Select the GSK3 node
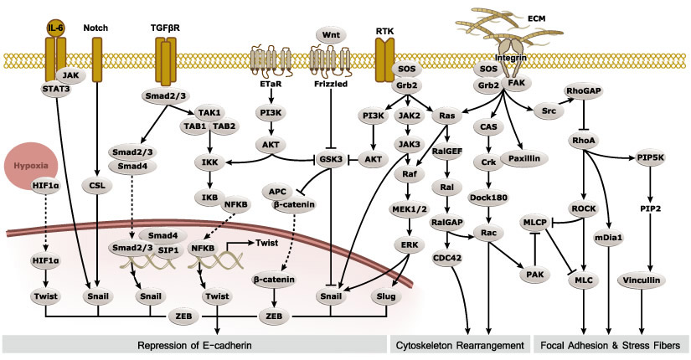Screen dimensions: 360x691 tap(330, 158)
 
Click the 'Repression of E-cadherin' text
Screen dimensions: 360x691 tap(193, 344)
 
